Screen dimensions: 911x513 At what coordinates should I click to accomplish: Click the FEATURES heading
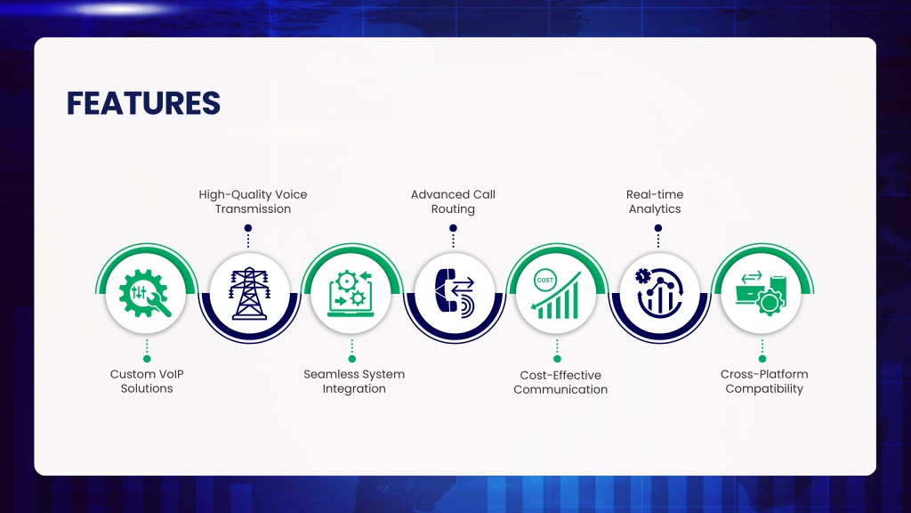tap(143, 103)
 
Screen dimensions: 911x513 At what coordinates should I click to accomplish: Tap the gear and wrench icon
tap(145, 293)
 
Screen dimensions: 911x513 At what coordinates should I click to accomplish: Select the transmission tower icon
tap(249, 293)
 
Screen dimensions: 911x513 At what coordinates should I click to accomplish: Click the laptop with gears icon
tap(351, 294)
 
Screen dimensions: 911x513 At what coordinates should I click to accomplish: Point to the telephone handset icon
tap(446, 291)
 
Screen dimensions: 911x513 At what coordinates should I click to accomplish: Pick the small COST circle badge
tap(545, 280)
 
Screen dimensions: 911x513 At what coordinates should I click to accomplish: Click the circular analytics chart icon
tap(659, 293)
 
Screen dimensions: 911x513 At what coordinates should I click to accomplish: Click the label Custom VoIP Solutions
tap(147, 381)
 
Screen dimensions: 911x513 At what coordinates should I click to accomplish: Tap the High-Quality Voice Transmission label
tap(253, 202)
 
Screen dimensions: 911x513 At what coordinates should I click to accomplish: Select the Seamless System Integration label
tap(354, 381)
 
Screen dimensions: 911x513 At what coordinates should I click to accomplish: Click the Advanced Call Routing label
tap(453, 202)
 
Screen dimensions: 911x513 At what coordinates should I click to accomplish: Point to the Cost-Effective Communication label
tap(560, 382)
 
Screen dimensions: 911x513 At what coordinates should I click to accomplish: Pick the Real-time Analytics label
tap(655, 202)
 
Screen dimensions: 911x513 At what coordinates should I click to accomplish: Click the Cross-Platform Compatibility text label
tap(764, 381)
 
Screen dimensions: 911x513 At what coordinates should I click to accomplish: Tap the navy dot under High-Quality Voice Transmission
tap(248, 228)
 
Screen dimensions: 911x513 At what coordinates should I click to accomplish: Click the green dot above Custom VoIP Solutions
tap(147, 359)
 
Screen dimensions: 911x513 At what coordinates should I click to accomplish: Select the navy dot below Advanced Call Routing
tap(453, 228)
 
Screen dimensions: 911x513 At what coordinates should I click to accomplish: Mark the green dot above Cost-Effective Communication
tap(557, 359)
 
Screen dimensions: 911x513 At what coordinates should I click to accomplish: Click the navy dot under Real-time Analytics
tap(658, 228)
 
